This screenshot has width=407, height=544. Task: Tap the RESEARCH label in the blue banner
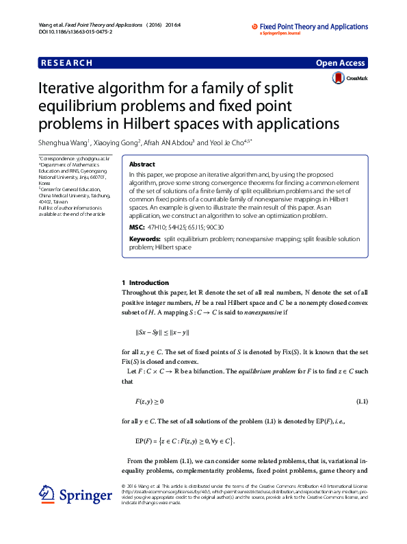pyautogui.click(x=67, y=63)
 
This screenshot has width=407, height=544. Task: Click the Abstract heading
pyautogui.click(x=142, y=164)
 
